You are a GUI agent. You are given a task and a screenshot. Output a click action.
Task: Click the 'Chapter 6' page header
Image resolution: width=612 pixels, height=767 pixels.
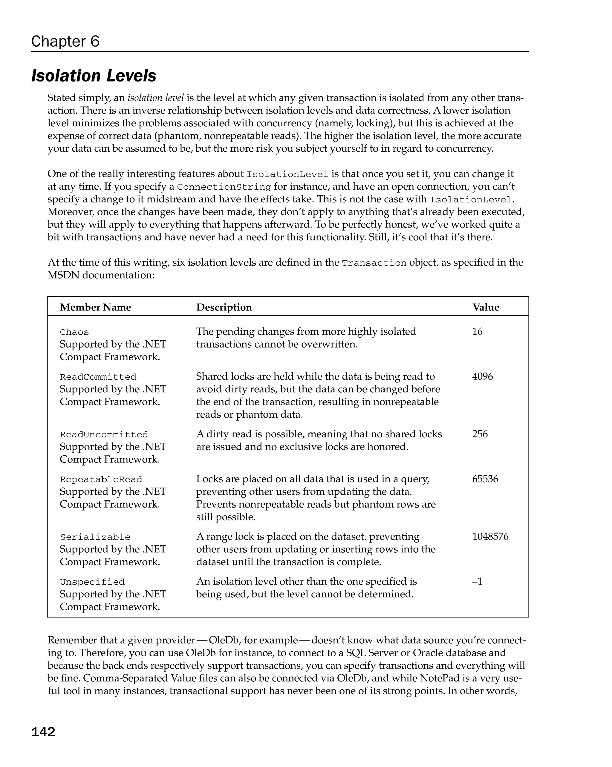(x=65, y=41)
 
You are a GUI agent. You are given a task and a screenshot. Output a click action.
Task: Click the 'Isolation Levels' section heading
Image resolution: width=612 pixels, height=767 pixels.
(x=94, y=76)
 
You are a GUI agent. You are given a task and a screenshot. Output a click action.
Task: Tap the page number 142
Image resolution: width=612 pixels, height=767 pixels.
(x=43, y=732)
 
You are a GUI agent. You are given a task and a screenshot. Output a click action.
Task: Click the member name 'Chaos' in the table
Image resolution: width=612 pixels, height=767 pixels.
(x=74, y=332)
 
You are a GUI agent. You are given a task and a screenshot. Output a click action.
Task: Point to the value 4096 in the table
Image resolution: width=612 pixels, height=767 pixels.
(x=482, y=376)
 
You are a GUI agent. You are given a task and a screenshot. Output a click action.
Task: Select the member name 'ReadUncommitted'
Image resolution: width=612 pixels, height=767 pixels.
(x=104, y=434)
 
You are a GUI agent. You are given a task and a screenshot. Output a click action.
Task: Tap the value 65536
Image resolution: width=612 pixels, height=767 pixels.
(x=485, y=479)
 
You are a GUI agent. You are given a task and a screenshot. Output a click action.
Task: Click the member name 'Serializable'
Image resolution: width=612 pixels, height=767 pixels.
(x=95, y=537)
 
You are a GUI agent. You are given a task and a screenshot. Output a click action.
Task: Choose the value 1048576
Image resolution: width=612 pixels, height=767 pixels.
(x=490, y=537)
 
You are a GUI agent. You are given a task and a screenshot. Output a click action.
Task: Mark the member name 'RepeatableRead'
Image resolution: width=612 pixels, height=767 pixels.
(x=101, y=479)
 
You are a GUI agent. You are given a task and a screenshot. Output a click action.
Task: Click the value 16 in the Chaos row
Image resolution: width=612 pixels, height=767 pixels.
(x=477, y=332)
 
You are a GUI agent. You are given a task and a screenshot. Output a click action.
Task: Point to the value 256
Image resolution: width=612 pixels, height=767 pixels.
(x=480, y=434)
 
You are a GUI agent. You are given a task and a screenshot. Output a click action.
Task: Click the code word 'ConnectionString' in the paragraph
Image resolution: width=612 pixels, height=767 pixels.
(x=224, y=187)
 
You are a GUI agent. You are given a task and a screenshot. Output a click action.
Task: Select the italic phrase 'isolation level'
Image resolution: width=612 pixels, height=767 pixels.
(x=156, y=98)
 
